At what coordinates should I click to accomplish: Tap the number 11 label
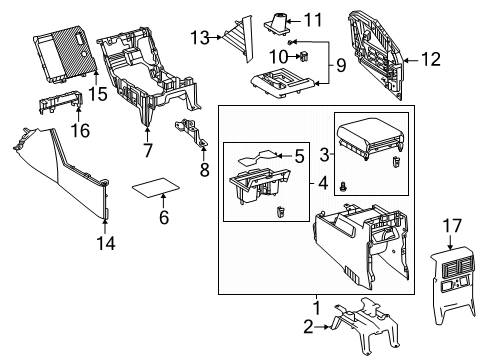pos(313,19)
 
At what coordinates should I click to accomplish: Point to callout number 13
pos(200,37)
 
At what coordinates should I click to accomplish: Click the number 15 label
pos(97,93)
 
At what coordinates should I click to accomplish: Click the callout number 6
pos(163,216)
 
